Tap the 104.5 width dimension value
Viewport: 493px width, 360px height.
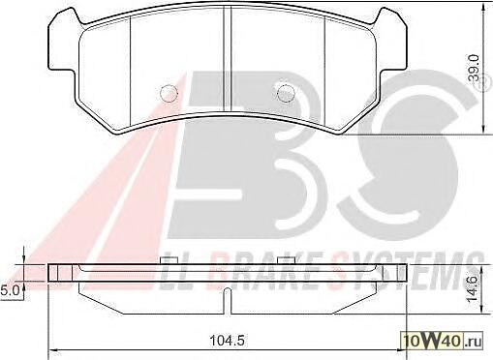click(x=227, y=340)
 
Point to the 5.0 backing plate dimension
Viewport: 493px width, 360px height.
click(x=10, y=291)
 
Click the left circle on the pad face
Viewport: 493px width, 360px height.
click(x=169, y=93)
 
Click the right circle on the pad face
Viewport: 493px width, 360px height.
click(x=286, y=93)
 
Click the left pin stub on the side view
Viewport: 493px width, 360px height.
click(x=169, y=260)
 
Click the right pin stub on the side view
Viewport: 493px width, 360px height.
click(x=287, y=260)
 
